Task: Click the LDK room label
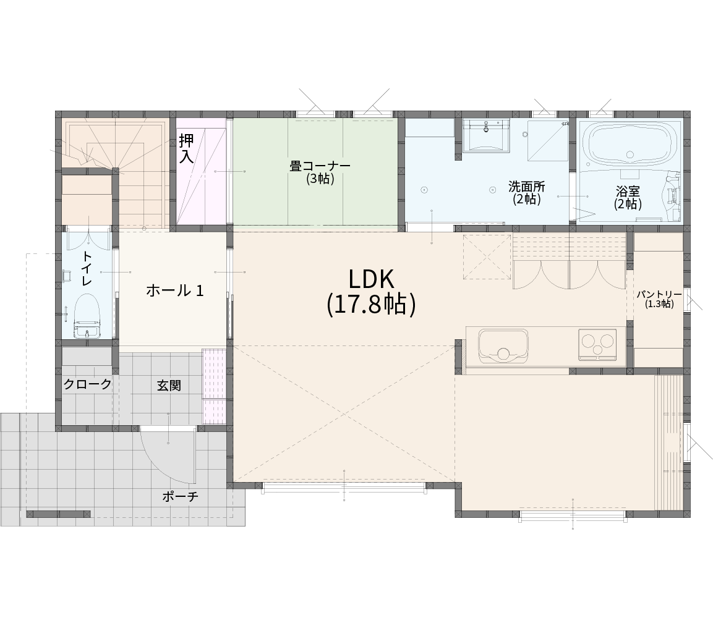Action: pyautogui.click(x=370, y=279)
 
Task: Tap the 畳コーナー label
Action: pyautogui.click(x=320, y=166)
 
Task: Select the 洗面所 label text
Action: pyautogui.click(x=527, y=186)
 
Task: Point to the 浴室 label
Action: pyautogui.click(x=628, y=191)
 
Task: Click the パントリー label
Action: pyautogui.click(x=659, y=294)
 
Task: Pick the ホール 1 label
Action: pyautogui.click(x=174, y=290)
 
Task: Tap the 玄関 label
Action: pyautogui.click(x=169, y=386)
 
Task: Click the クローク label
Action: pyautogui.click(x=87, y=384)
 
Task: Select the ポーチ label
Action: pyautogui.click(x=181, y=497)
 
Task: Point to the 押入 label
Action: pyautogui.click(x=186, y=148)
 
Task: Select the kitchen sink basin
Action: pyautogui.click(x=503, y=346)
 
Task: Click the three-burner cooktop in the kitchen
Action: pyautogui.click(x=597, y=344)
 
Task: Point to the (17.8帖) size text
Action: pyautogui.click(x=371, y=304)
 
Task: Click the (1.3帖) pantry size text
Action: pyautogui.click(x=659, y=305)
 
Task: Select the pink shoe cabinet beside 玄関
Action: pyautogui.click(x=214, y=386)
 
